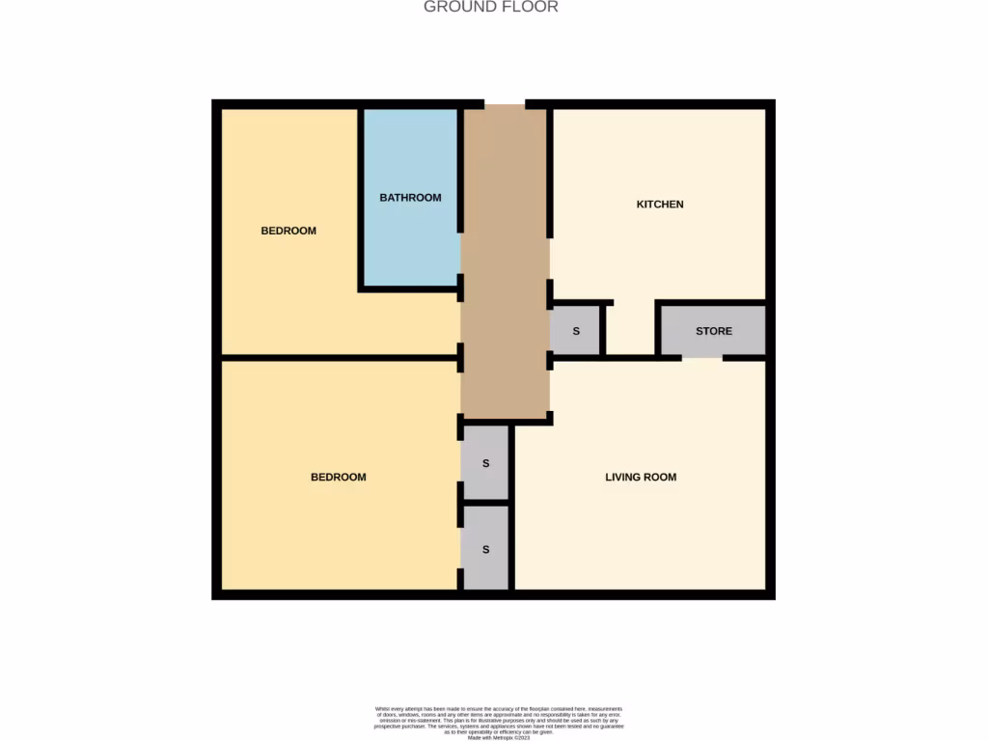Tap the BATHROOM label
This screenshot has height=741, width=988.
pos(410,198)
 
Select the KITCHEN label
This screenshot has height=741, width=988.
pos(660,205)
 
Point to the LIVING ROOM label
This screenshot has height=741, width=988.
pos(641,477)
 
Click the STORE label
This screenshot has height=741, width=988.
pos(714,331)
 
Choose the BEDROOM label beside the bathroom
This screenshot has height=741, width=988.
pos(288,231)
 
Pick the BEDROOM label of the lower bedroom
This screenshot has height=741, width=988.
pos(339,477)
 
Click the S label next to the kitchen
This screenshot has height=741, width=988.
pos(576,331)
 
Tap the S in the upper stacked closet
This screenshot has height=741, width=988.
pos(486,463)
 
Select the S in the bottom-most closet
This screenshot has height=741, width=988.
pos(486,550)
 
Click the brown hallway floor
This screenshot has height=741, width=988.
pos(505,289)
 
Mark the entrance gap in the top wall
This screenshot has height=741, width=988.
pos(505,103)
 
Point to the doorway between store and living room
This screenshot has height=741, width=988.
pos(702,358)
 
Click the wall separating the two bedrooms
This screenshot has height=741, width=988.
pos(338,358)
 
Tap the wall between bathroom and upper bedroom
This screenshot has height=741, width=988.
pos(361,198)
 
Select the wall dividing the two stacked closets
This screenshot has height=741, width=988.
pos(486,503)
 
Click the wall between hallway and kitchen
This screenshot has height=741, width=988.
pos(550,174)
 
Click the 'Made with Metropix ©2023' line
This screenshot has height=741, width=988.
pos(500,738)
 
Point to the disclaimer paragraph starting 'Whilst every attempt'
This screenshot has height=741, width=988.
pos(500,720)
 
